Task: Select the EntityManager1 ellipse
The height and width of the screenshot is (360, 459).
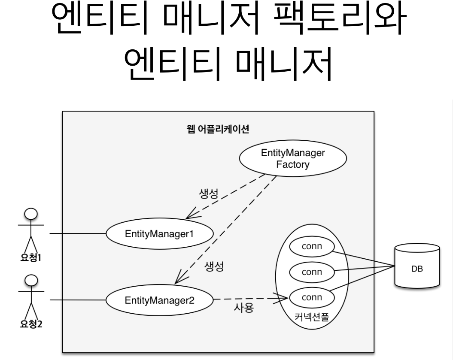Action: click(x=159, y=234)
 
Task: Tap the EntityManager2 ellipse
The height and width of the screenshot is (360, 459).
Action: click(x=159, y=299)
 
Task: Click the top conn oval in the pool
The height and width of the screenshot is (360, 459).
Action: click(x=312, y=247)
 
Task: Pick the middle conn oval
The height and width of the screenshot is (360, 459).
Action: click(x=312, y=272)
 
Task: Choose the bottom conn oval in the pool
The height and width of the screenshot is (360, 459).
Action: click(x=312, y=296)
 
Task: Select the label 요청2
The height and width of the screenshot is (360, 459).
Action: click(x=31, y=323)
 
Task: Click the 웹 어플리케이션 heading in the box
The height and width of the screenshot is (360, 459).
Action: click(x=218, y=130)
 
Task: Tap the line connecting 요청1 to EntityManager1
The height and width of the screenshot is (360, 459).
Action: click(x=77, y=234)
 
